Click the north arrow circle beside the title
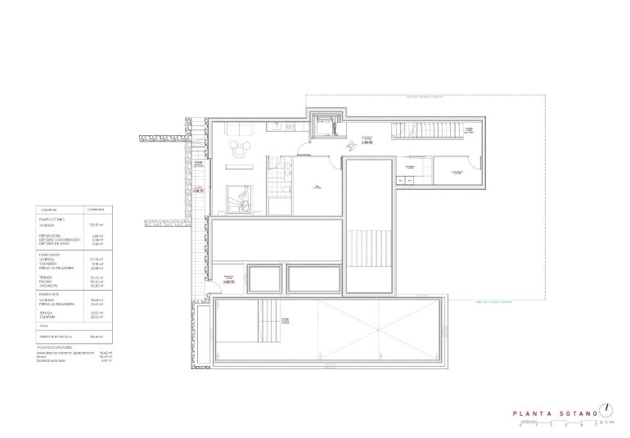pyautogui.click(x=606, y=409)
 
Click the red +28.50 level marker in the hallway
pyautogui.click(x=367, y=142)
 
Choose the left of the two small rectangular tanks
pyautogui.click(x=265, y=279)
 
